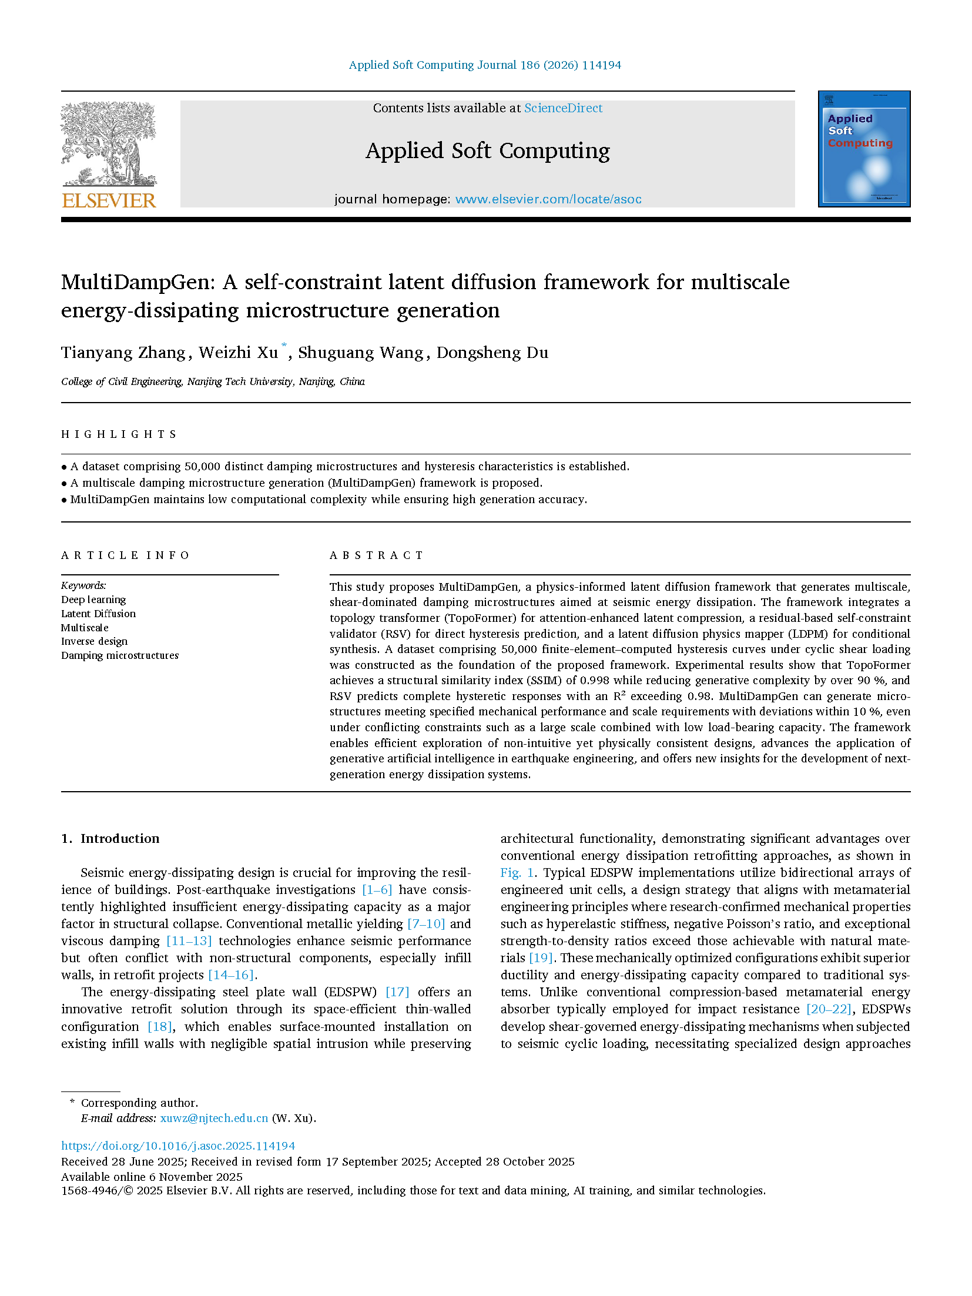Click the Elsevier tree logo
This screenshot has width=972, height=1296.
(109, 144)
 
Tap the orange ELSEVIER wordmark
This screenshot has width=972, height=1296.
(109, 201)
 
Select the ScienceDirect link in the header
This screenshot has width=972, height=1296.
(563, 108)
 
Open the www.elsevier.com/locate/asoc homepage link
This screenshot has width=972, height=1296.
(548, 199)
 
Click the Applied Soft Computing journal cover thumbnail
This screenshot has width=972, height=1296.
(864, 149)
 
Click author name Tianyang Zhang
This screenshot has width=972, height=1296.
(123, 353)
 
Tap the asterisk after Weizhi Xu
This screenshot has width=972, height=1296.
(284, 346)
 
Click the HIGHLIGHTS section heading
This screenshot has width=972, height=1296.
(119, 434)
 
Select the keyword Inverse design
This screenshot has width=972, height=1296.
(94, 641)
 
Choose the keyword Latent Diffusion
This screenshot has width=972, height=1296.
(98, 614)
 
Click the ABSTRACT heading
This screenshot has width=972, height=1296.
(376, 555)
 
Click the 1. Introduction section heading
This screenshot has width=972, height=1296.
(110, 839)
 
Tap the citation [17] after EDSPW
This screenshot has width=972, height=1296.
(397, 992)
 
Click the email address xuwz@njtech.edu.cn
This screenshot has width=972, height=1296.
(214, 1118)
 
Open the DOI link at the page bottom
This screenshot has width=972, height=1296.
(178, 1146)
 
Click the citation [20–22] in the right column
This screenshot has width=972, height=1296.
(829, 1009)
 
